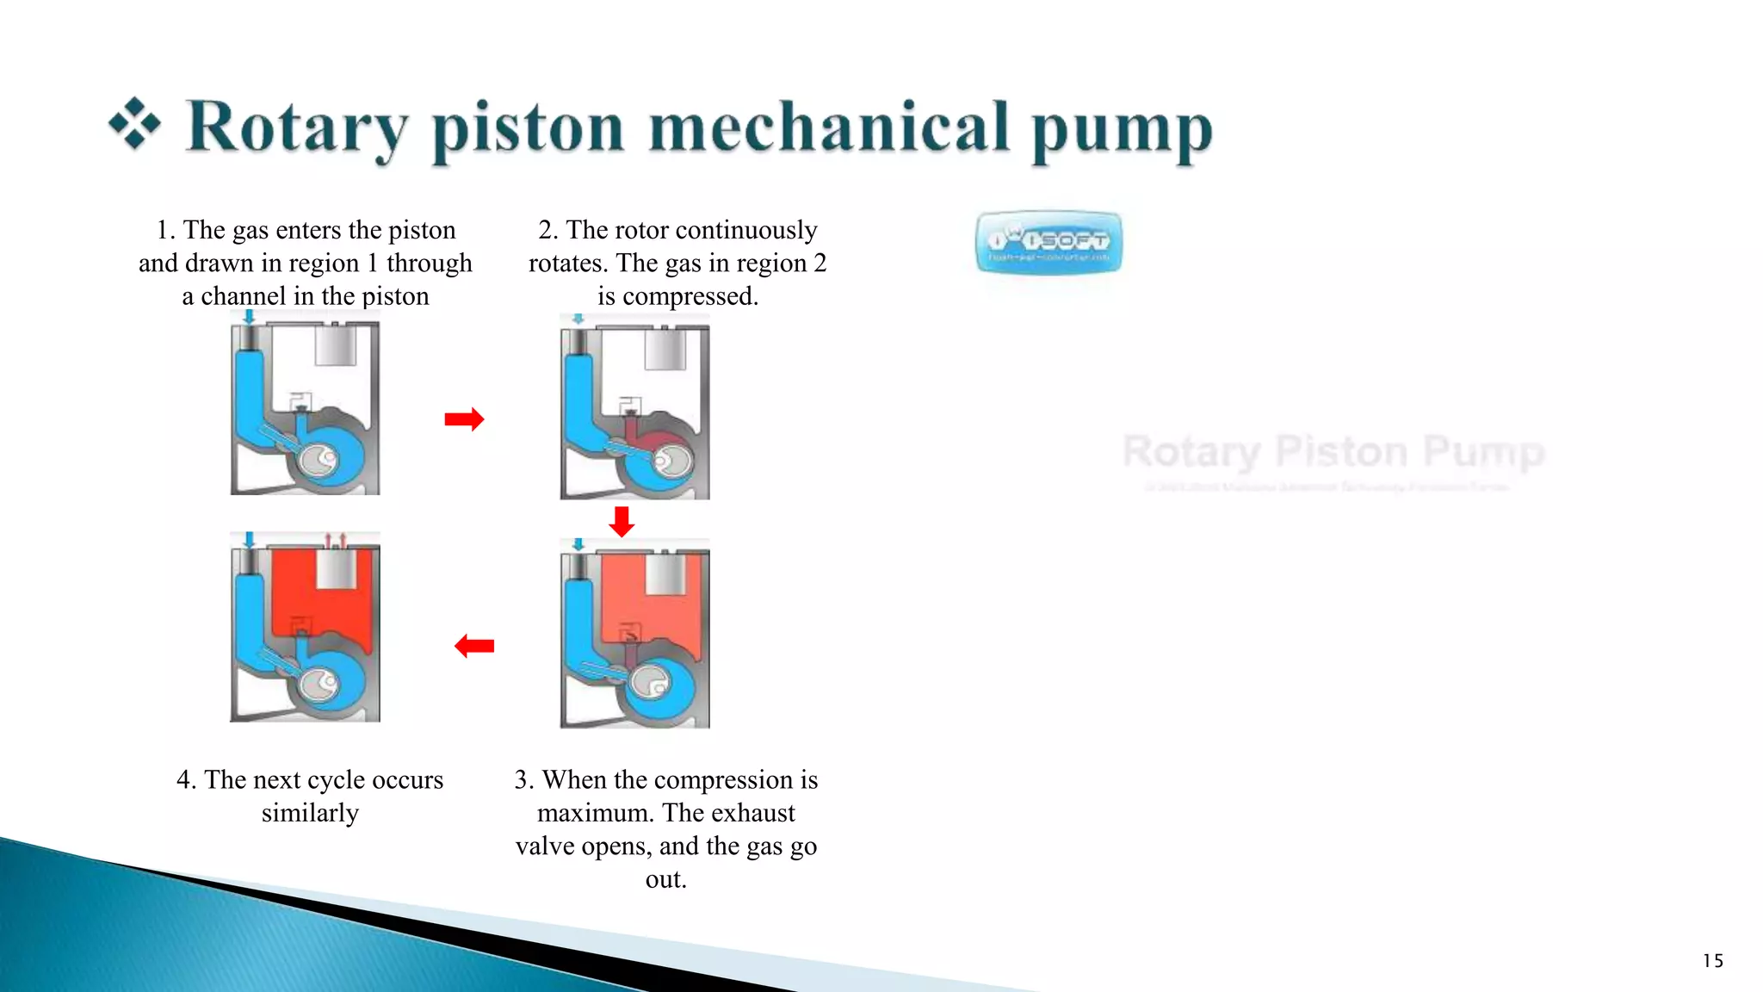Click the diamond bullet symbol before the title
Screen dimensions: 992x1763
tap(134, 124)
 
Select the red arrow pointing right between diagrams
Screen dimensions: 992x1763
tap(464, 419)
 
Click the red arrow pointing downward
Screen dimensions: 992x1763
tap(622, 521)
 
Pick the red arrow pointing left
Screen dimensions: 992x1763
tap(474, 646)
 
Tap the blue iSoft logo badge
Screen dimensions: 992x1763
tap(1049, 242)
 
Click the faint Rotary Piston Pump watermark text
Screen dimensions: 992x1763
tap(1333, 452)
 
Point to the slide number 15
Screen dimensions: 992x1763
tap(1713, 961)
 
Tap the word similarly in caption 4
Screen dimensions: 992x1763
tap(310, 813)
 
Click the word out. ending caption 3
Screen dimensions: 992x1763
tap(665, 879)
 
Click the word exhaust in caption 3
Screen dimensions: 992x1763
tap(753, 813)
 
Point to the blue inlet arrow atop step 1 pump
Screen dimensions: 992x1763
tap(250, 317)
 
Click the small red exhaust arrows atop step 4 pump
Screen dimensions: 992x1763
tap(335, 541)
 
